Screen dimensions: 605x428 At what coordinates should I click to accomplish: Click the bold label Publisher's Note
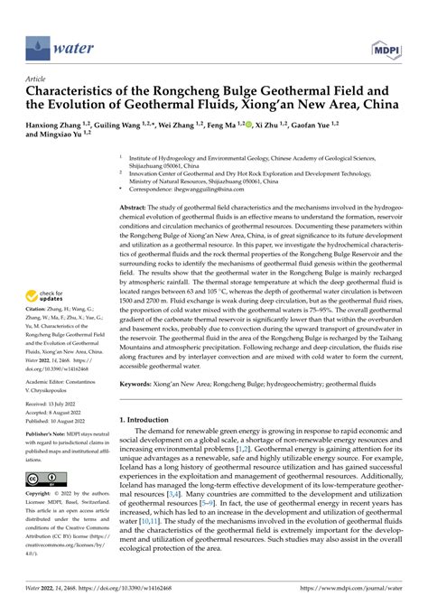tap(48, 454)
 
